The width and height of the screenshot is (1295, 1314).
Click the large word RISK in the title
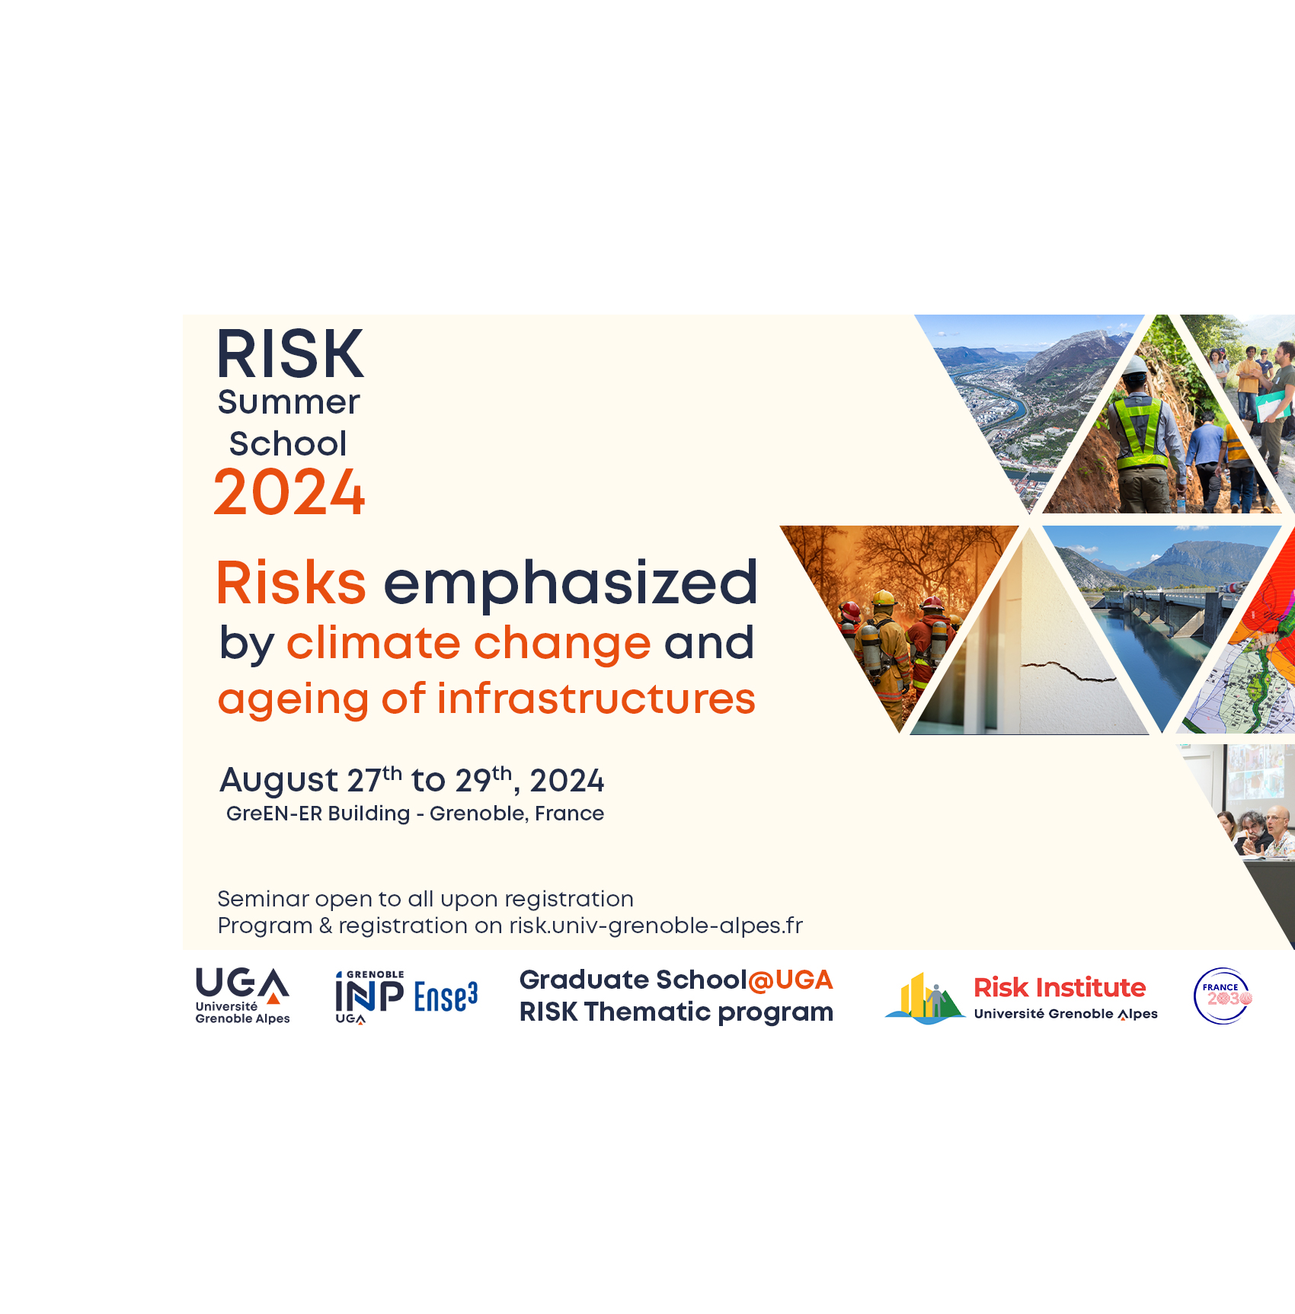[290, 354]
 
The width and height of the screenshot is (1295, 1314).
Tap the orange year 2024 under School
[289, 493]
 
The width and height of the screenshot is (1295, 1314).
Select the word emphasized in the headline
[571, 583]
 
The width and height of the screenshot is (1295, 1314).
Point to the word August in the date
[279, 781]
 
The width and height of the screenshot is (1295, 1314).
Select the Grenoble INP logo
[369, 997]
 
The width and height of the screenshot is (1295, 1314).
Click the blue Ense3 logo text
[446, 997]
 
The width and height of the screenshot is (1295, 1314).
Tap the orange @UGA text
[791, 980]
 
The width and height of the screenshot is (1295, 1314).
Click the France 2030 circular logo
[1223, 996]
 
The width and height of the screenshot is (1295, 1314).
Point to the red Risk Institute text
[1060, 988]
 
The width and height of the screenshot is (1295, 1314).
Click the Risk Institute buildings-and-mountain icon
[925, 998]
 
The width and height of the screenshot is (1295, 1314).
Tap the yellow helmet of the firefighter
[884, 597]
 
